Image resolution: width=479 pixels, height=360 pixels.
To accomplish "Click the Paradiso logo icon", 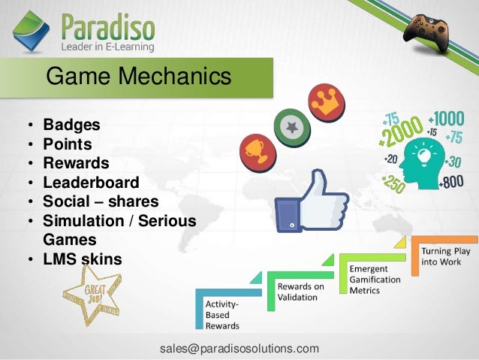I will pos(32,32).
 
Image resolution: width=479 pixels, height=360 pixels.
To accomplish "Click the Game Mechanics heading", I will pos(138,77).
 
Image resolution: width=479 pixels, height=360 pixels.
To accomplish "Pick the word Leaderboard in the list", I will pos(91,183).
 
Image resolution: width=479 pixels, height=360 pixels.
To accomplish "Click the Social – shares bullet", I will pos(101,202).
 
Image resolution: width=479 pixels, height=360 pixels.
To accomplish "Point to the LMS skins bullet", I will pos(82,260).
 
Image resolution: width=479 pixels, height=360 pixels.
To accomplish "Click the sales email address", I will pos(239,349).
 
